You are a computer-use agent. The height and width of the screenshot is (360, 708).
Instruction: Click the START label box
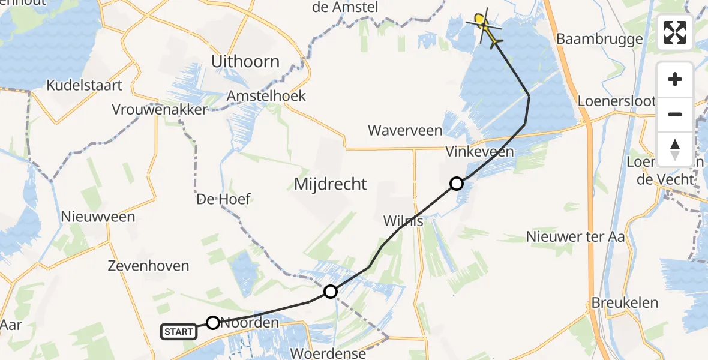pyautogui.click(x=179, y=331)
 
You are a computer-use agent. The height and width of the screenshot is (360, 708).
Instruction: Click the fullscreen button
pyautogui.click(x=675, y=32)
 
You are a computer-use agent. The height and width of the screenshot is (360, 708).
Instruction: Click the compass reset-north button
pyautogui.click(x=675, y=148)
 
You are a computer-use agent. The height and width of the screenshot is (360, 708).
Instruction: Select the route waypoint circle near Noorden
pyautogui.click(x=213, y=323)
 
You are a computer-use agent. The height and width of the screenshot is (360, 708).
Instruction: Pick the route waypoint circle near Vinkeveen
pyautogui.click(x=457, y=184)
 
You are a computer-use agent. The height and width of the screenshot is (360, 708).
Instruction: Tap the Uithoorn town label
pyautogui.click(x=245, y=61)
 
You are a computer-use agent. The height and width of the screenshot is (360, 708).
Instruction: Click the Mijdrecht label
pyautogui.click(x=330, y=184)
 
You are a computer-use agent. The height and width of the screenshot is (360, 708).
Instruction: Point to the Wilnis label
pyautogui.click(x=403, y=221)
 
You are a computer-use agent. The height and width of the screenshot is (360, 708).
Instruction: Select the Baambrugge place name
pyautogui.click(x=599, y=39)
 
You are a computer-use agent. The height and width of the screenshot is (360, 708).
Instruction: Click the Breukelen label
pyautogui.click(x=625, y=302)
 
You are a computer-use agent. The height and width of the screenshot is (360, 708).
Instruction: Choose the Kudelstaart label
pyautogui.click(x=85, y=85)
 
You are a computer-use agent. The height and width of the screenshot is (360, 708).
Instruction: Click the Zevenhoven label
pyautogui.click(x=149, y=265)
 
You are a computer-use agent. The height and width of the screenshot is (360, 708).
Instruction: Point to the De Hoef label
pyautogui.click(x=223, y=199)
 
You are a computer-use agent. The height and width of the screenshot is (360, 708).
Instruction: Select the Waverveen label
pyautogui.click(x=405, y=130)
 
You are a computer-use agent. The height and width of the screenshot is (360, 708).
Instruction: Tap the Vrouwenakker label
pyautogui.click(x=159, y=110)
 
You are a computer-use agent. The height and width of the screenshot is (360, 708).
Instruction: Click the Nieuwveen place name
pyautogui.click(x=98, y=217)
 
